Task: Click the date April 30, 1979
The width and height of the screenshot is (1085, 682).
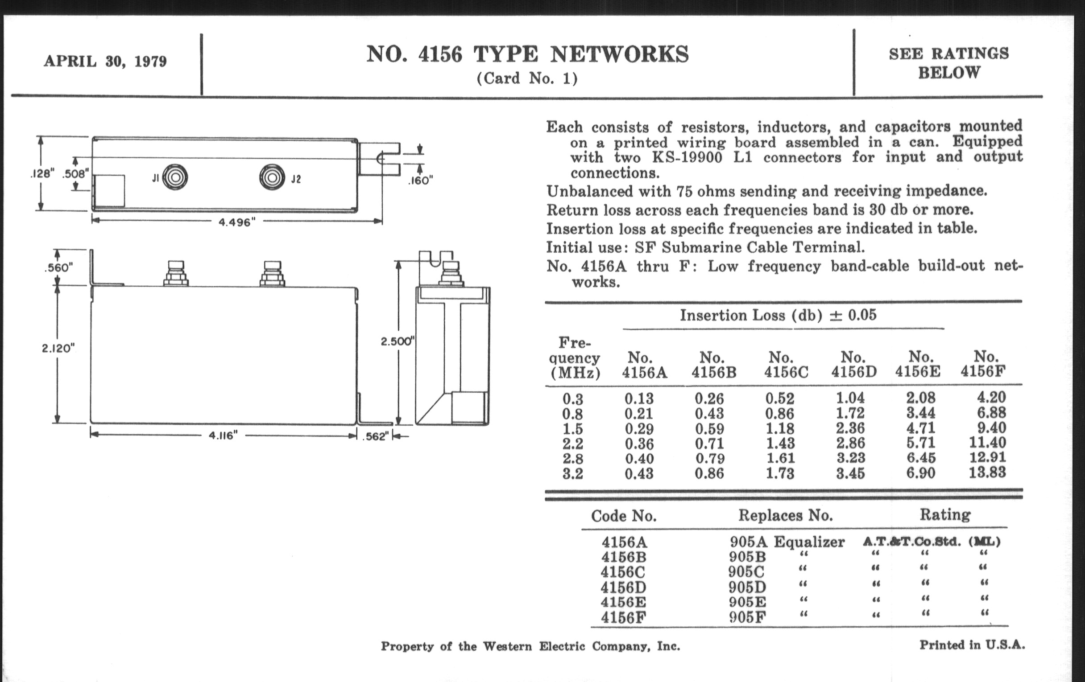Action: [x=105, y=61]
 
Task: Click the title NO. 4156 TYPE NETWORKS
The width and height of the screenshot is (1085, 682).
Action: [x=527, y=54]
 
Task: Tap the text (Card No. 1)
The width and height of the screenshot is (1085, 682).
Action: [x=527, y=79]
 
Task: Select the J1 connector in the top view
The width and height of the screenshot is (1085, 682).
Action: [x=175, y=177]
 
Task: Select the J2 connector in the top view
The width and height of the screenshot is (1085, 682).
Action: [x=272, y=177]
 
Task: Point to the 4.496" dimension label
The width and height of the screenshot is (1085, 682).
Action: [x=237, y=222]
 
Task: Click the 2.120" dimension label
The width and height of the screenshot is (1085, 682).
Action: [x=58, y=348]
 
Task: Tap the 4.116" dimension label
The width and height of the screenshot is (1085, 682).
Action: [x=223, y=436]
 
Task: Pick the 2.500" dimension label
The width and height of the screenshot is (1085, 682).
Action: [x=397, y=341]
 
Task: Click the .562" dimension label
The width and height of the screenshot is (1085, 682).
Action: [x=375, y=437]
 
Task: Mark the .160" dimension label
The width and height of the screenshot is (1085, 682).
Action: [x=420, y=181]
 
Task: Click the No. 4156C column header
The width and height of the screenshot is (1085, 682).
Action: [x=786, y=365]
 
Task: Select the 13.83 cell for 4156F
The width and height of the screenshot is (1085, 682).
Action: [x=987, y=472]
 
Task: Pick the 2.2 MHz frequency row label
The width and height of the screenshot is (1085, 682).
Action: [x=573, y=444]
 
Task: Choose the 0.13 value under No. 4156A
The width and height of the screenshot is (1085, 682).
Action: [x=639, y=399]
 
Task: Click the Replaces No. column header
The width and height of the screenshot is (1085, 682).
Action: [x=785, y=515]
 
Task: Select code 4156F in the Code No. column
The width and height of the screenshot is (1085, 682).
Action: [x=623, y=618]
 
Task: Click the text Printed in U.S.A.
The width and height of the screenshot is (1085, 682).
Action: [x=972, y=645]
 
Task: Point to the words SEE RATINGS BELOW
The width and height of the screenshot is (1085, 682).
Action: [x=948, y=63]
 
